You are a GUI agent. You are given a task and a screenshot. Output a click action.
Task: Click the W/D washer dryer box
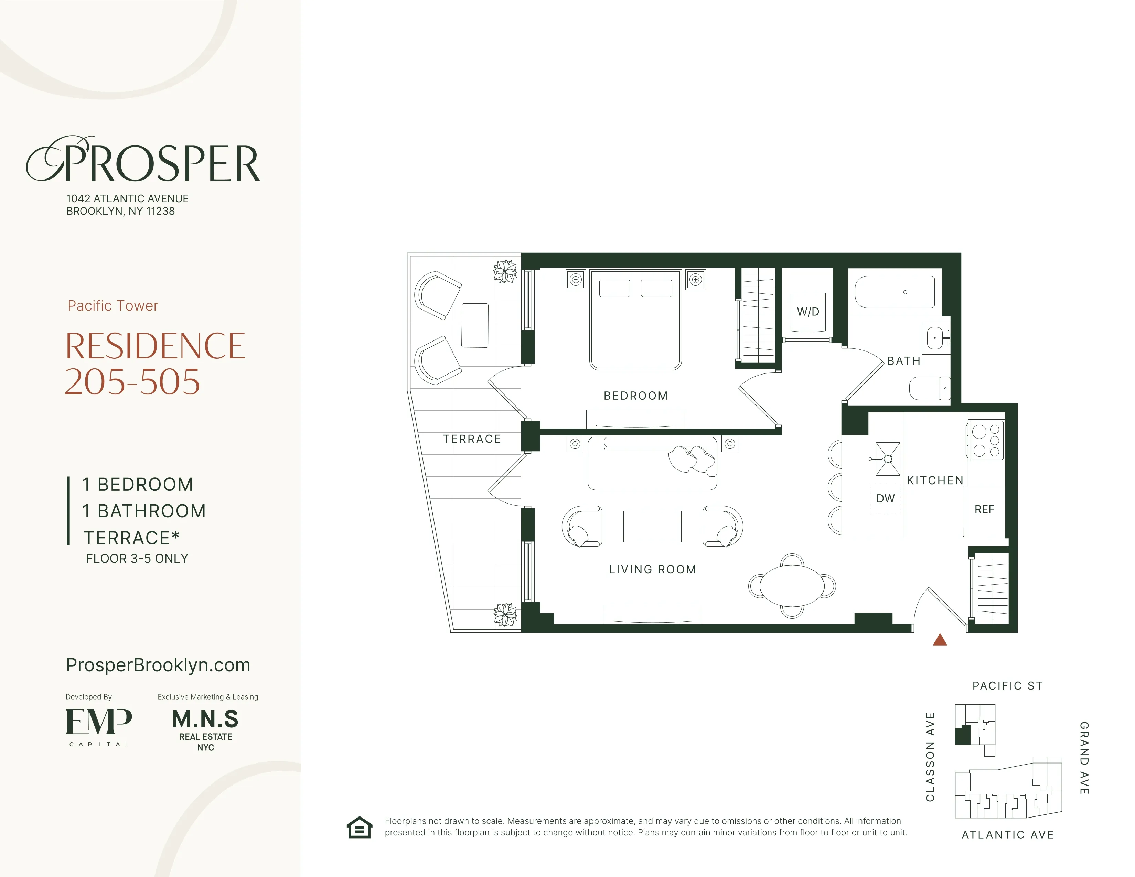(x=807, y=312)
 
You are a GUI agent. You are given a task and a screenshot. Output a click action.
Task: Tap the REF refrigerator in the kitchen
(x=984, y=510)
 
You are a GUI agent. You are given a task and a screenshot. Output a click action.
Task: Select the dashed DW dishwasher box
(x=885, y=499)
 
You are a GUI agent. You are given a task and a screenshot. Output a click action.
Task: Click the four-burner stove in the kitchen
(x=986, y=441)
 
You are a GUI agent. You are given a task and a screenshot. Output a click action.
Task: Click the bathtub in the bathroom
(x=895, y=292)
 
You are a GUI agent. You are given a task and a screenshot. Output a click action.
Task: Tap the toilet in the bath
(x=929, y=388)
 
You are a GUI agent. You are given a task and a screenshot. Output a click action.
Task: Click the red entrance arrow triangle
(x=940, y=640)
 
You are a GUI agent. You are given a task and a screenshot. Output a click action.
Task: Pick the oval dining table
(x=792, y=586)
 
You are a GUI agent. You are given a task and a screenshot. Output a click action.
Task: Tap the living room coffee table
(x=652, y=526)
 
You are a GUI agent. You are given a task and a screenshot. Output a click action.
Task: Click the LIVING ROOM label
(x=652, y=570)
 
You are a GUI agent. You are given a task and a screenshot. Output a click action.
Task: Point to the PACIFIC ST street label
(x=1007, y=686)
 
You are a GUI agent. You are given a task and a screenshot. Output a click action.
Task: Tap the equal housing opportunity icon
(x=360, y=827)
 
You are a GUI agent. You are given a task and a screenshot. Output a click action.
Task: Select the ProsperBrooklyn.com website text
(x=158, y=665)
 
